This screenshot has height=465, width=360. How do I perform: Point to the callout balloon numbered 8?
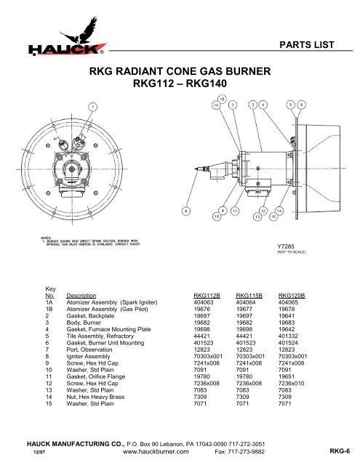pos(188,211)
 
